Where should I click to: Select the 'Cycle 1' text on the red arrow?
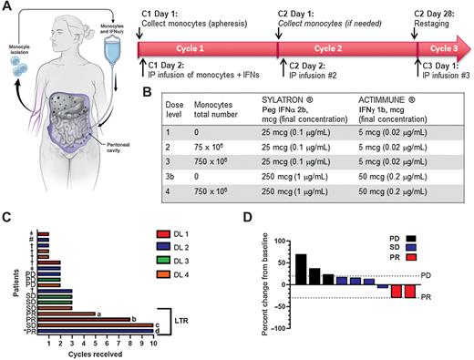coord(208,43)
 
